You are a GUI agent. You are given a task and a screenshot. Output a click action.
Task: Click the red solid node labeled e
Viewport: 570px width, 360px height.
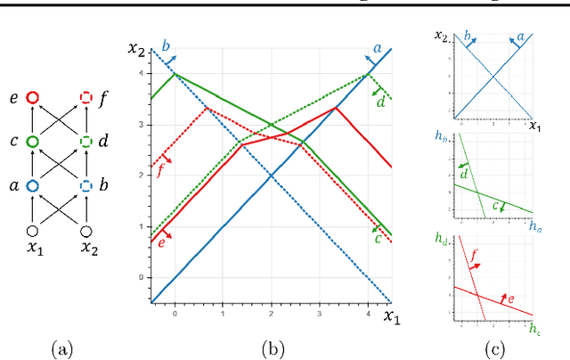tap(32, 98)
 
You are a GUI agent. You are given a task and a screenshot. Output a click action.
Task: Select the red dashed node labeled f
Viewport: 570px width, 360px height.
tap(86, 98)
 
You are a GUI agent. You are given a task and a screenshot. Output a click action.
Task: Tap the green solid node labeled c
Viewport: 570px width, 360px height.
tap(32, 142)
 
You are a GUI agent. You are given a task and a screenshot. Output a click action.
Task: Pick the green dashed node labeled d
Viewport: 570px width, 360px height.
tap(86, 142)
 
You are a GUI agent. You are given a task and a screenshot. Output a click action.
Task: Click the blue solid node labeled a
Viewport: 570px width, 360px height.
tap(32, 186)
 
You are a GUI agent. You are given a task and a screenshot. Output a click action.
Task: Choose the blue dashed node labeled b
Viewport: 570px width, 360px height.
tap(86, 186)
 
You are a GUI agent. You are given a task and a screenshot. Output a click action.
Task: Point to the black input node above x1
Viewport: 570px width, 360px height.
tap(32, 231)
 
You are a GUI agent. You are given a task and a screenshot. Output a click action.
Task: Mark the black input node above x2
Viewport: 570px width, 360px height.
tap(86, 231)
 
